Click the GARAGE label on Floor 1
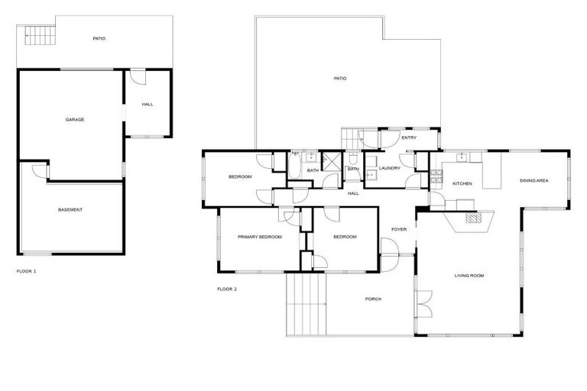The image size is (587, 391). point(74,119)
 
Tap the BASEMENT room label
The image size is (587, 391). point(70,209)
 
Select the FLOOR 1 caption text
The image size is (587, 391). point(26,271)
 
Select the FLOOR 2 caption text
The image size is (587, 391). point(227,289)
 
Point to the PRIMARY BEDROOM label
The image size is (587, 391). point(260,238)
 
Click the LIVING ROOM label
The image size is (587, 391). point(469,276)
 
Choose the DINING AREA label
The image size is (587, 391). point(534,181)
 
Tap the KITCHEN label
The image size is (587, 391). point(462,184)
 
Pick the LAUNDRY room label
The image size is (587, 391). point(389,168)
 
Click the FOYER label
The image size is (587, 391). point(399,229)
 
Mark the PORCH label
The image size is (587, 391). point(372,299)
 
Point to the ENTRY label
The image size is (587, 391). point(409,137)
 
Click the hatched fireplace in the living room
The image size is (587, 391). point(474,218)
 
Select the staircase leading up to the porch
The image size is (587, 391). point(306,302)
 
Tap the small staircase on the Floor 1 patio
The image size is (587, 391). point(37,34)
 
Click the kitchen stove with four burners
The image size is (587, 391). point(436,176)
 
